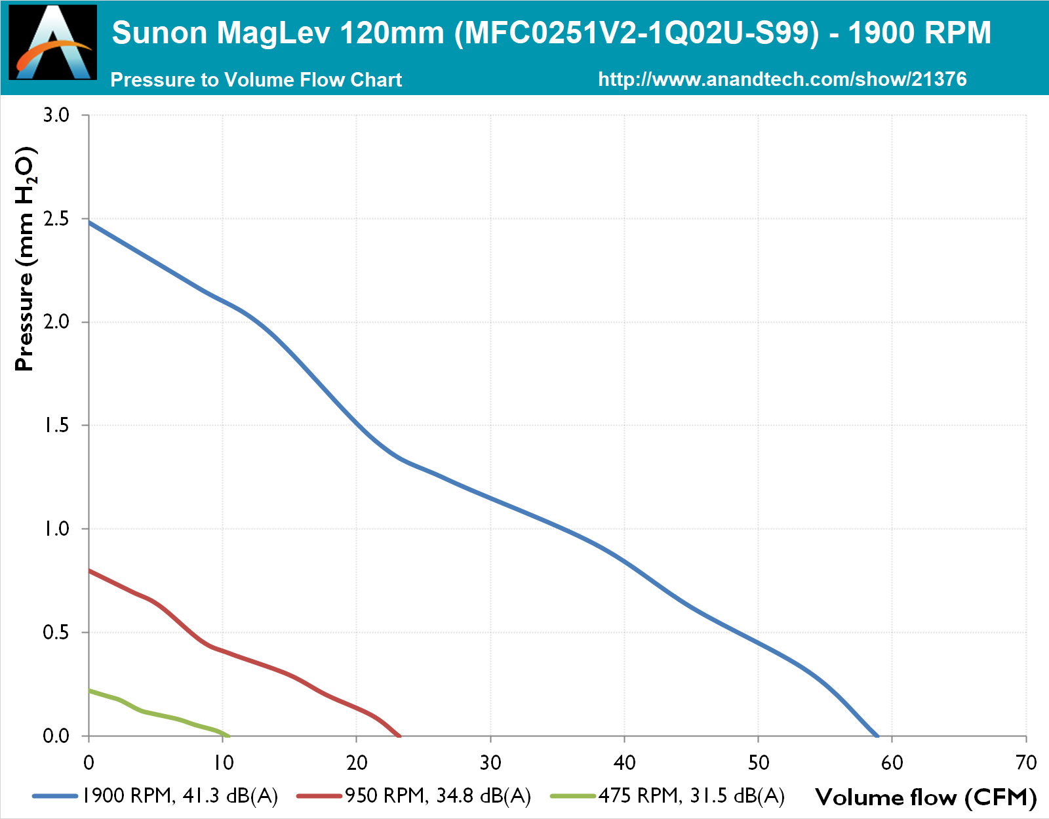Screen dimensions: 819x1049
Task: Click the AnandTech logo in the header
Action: pyautogui.click(x=53, y=43)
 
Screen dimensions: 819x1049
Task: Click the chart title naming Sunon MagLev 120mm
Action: pyautogui.click(x=551, y=33)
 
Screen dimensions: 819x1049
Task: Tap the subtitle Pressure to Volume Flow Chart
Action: pyautogui.click(x=256, y=80)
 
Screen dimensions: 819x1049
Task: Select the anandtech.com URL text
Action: pyautogui.click(x=782, y=79)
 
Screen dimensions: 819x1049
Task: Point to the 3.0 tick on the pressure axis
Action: pyautogui.click(x=56, y=115)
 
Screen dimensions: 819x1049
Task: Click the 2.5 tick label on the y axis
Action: pyautogui.click(x=56, y=219)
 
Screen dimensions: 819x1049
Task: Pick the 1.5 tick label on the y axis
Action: pyautogui.click(x=56, y=426)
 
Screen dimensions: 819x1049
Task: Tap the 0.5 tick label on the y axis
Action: pyautogui.click(x=56, y=633)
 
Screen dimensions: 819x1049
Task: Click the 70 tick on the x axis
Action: pyautogui.click(x=1026, y=763)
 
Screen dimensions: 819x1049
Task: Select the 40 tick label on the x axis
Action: pyautogui.click(x=624, y=763)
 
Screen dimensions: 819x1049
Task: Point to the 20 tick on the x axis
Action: pyautogui.click(x=357, y=763)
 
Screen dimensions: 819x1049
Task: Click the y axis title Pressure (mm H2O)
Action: pyautogui.click(x=25, y=259)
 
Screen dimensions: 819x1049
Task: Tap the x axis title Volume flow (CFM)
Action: pyautogui.click(x=926, y=797)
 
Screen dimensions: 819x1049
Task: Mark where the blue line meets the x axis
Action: pyautogui.click(x=877, y=736)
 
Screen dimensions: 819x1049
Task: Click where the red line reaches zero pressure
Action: pyautogui.click(x=399, y=736)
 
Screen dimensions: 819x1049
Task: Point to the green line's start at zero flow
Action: pyautogui.click(x=89, y=690)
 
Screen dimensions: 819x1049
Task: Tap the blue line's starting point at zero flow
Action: pyautogui.click(x=89, y=222)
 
